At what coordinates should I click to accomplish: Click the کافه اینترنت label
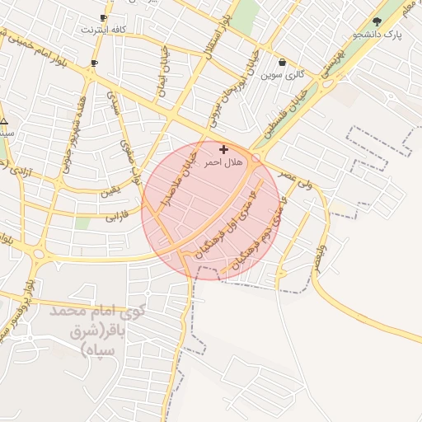[104, 30]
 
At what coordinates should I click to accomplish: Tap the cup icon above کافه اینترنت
[103, 17]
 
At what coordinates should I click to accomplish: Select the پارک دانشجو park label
[377, 35]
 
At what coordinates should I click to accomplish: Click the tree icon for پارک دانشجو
[377, 22]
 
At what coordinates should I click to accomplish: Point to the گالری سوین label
[283, 74]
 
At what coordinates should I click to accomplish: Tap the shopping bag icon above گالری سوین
[283, 62]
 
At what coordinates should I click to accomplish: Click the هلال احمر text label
[223, 163]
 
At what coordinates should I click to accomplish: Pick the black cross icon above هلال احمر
[223, 150]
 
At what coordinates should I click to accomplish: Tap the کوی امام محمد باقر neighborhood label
[97, 331]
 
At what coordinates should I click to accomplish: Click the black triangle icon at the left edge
[5, 120]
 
